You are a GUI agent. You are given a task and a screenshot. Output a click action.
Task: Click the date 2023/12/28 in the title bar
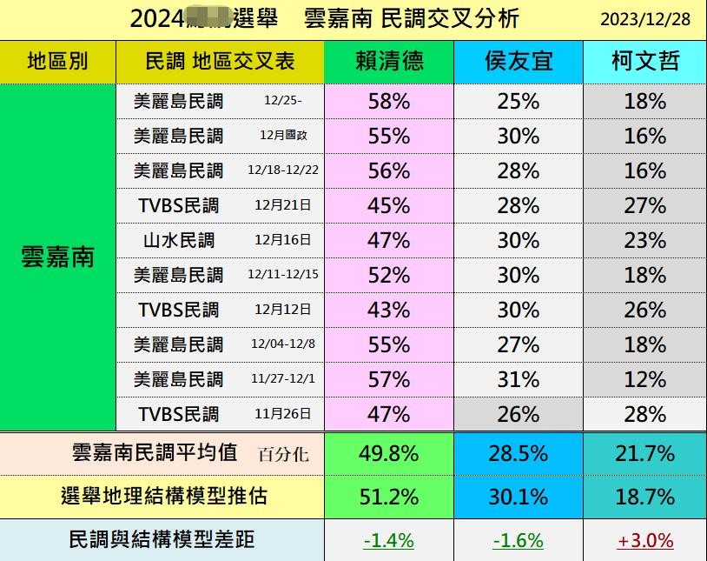pyautogui.click(x=644, y=19)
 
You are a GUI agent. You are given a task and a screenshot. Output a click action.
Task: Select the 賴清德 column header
pyautogui.click(x=389, y=62)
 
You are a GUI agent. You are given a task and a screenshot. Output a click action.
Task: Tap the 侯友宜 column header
pyautogui.click(x=519, y=62)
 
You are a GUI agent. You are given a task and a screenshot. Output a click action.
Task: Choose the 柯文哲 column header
pyautogui.click(x=644, y=62)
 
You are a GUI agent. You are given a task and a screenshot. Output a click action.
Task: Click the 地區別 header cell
pyautogui.click(x=57, y=62)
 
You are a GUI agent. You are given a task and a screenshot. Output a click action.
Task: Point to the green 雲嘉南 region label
pyautogui.click(x=57, y=257)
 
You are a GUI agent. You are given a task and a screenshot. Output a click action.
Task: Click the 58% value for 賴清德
pyautogui.click(x=388, y=102)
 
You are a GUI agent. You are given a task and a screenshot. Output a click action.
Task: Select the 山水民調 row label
pyautogui.click(x=179, y=240)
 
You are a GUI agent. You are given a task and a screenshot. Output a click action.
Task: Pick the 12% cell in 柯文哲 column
pyautogui.click(x=644, y=379)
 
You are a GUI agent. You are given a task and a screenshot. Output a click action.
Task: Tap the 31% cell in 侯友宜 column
pyautogui.click(x=519, y=379)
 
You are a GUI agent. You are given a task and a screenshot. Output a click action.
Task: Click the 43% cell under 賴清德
pyautogui.click(x=388, y=310)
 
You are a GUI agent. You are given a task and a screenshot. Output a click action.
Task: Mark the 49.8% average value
pyautogui.click(x=388, y=453)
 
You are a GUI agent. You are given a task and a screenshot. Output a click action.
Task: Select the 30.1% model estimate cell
pyautogui.click(x=519, y=497)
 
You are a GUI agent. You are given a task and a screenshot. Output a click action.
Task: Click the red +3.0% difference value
pyautogui.click(x=644, y=540)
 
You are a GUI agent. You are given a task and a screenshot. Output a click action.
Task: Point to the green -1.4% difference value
pyautogui.click(x=388, y=540)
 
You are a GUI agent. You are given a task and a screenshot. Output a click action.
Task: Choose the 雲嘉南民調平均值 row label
pyautogui.click(x=155, y=453)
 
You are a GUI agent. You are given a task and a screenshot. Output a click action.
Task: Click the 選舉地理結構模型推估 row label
pyautogui.click(x=164, y=497)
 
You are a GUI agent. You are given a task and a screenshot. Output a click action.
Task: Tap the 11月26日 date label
pyautogui.click(x=283, y=415)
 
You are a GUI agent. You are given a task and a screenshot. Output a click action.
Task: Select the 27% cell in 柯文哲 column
pyautogui.click(x=644, y=206)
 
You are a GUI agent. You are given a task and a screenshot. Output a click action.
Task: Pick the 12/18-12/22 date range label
pyautogui.click(x=283, y=171)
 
